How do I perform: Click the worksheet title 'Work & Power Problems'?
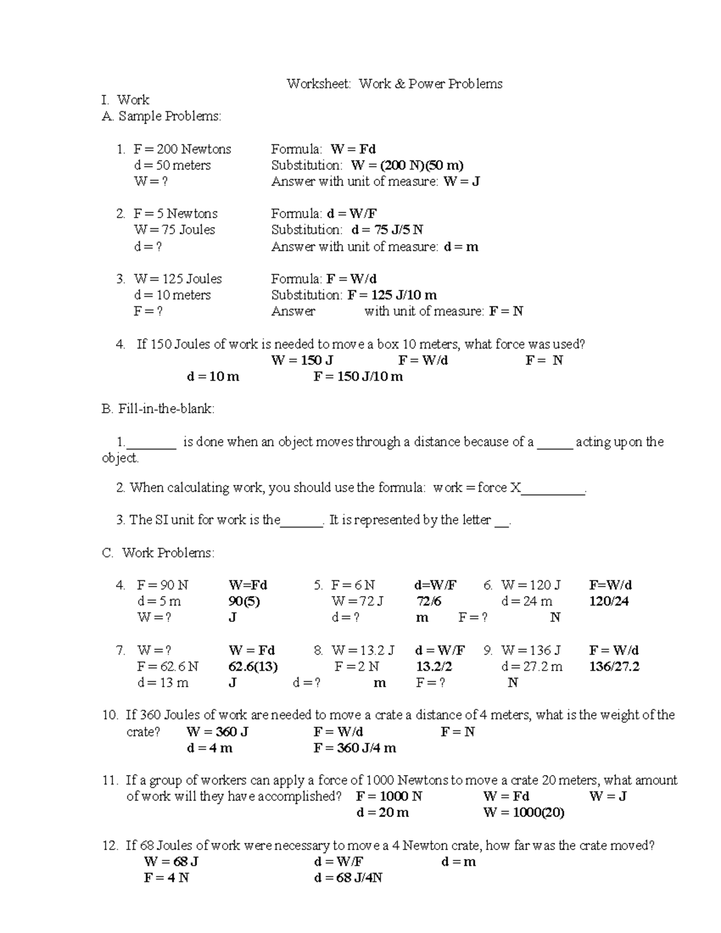(430, 84)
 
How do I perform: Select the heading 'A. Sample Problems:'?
(162, 116)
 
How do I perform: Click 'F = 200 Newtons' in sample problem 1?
(182, 149)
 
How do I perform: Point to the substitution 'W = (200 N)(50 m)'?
(407, 165)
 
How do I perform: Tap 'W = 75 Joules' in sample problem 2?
(174, 229)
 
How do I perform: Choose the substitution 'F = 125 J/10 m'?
(392, 295)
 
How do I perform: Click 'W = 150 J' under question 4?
(302, 360)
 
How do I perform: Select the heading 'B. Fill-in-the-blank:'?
(158, 409)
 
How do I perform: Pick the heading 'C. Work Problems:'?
(159, 553)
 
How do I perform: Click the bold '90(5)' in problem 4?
(244, 601)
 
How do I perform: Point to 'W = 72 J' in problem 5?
(357, 601)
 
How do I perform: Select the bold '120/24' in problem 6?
(609, 601)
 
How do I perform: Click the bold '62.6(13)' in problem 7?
(253, 666)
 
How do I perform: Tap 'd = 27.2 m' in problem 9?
(532, 666)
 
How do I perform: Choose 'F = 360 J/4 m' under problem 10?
(354, 748)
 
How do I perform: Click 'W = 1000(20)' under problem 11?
(523, 813)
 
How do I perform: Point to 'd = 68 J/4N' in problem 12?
(348, 878)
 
